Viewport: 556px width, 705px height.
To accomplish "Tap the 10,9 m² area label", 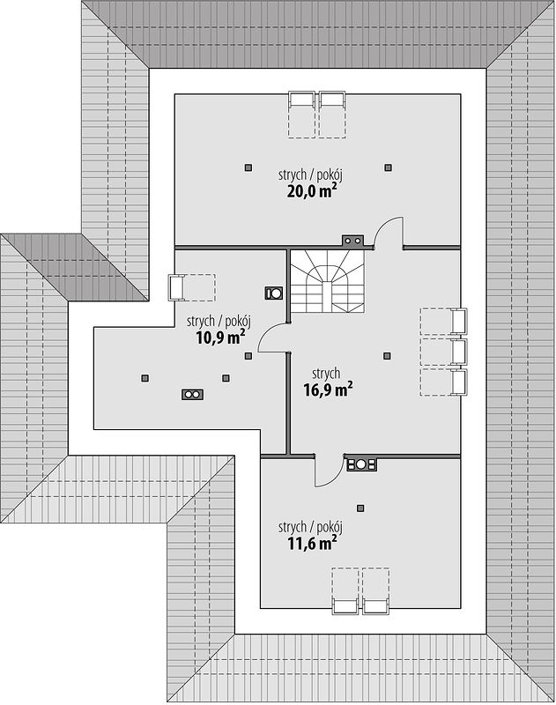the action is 220,338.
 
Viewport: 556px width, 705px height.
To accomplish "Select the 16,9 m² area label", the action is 327,390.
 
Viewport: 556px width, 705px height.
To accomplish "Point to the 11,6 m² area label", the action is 312,544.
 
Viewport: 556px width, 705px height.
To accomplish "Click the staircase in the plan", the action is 327,281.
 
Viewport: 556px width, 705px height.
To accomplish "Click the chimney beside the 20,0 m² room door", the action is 352,241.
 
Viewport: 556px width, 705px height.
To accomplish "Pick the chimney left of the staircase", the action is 274,293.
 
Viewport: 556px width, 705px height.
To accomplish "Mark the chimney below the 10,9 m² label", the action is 192,394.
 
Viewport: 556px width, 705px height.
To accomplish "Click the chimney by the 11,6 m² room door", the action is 361,464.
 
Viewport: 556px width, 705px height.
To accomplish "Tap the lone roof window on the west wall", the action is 176,288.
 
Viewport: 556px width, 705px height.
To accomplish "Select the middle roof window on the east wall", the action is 458,352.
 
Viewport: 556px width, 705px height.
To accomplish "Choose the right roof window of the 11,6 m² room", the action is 375,606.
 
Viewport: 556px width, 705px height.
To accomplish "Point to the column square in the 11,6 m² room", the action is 360,508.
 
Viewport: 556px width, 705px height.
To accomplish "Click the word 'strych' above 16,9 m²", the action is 326,374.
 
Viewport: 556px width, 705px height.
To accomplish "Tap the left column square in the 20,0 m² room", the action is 248,167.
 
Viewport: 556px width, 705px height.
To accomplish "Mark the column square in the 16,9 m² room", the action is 387,356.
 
